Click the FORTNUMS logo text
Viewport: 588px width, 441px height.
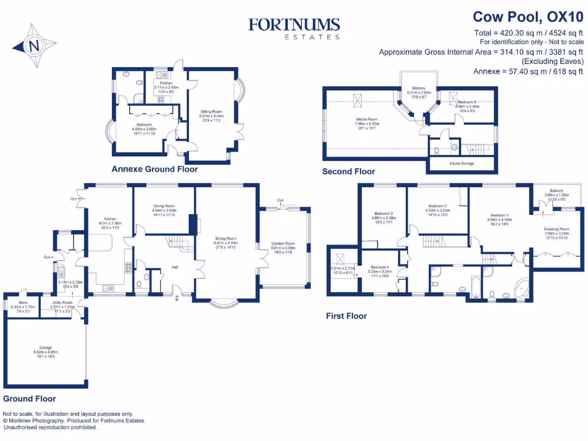[294, 25]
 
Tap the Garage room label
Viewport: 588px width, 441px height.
[45, 348]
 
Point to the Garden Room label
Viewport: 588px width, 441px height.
[283, 243]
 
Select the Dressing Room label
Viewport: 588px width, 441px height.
[556, 229]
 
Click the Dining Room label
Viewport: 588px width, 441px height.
[164, 206]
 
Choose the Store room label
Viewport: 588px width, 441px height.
[22, 304]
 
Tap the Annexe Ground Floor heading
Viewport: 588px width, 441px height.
[155, 169]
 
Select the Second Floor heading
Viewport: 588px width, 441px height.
[349, 171]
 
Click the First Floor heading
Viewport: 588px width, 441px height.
[346, 316]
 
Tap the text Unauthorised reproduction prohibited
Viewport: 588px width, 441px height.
[51, 427]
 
